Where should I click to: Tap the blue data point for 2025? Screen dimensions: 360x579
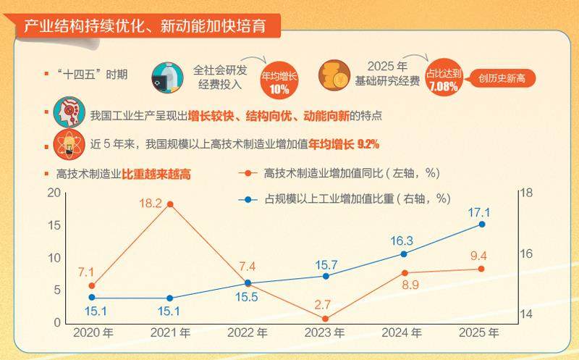tap(481, 224)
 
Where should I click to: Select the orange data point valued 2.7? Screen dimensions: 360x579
tap(325, 319)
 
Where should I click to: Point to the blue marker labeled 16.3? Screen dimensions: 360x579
tap(403, 254)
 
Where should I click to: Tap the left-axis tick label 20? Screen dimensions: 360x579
tap(54, 193)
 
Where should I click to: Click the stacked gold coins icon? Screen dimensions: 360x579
tap(334, 75)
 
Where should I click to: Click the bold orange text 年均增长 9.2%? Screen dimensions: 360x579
tap(344, 144)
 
